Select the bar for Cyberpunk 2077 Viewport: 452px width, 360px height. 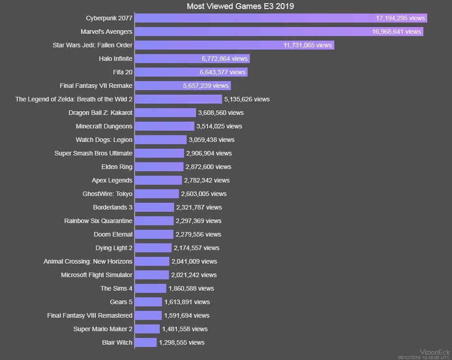(252, 18)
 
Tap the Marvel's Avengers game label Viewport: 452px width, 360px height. (106, 32)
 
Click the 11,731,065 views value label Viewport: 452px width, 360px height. (307, 45)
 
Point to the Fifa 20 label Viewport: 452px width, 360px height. (122, 72)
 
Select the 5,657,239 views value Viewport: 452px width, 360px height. (206, 86)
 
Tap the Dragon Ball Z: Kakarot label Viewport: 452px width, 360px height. (100, 113)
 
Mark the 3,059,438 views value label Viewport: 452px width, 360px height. (211, 140)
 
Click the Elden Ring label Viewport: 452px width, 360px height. (117, 167)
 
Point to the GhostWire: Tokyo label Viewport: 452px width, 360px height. (108, 194)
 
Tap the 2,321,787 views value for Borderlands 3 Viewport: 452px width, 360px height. (199, 207)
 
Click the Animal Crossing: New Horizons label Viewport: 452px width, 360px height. (88, 261)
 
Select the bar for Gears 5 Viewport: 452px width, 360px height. (148, 302)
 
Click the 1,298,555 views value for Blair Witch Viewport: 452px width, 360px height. (181, 342)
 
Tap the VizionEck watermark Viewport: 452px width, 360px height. (434, 352)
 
